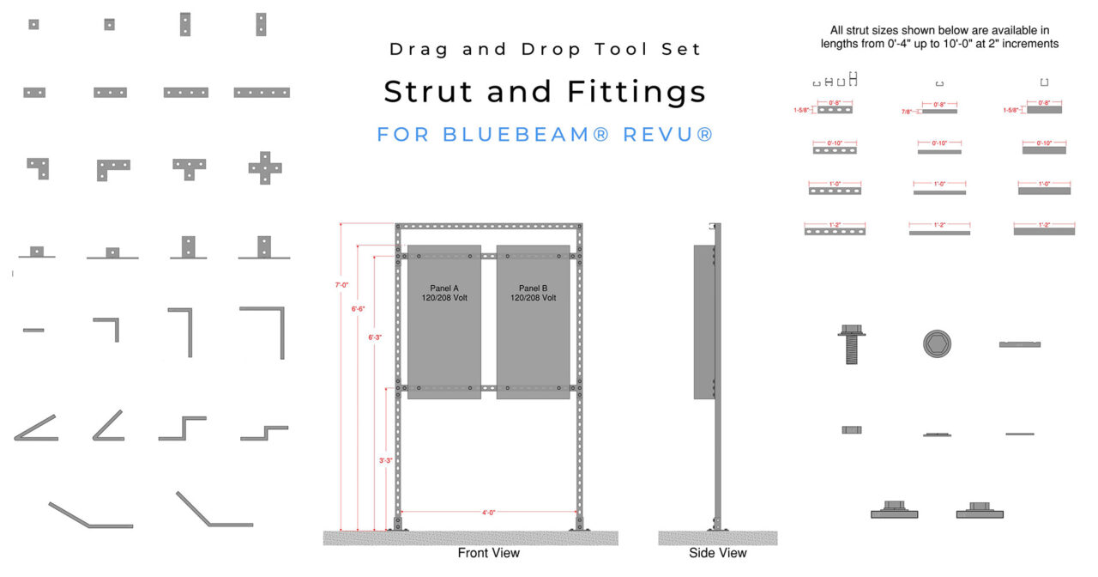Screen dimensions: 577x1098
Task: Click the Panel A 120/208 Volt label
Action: point(443,292)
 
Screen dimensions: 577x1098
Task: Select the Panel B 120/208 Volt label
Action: point(533,292)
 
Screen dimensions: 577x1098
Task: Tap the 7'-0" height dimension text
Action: point(342,284)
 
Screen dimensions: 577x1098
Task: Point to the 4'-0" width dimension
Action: point(489,513)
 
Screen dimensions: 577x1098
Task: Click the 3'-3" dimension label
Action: point(387,461)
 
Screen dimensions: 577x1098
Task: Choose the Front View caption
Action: point(488,553)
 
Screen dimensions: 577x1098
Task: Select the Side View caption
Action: point(717,553)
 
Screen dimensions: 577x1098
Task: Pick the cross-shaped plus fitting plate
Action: point(265,168)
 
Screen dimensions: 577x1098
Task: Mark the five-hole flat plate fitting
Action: point(262,92)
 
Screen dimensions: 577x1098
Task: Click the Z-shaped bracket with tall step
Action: point(182,428)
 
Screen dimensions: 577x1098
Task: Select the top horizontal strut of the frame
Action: point(488,227)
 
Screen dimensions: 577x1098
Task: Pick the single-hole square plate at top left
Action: point(33,24)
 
